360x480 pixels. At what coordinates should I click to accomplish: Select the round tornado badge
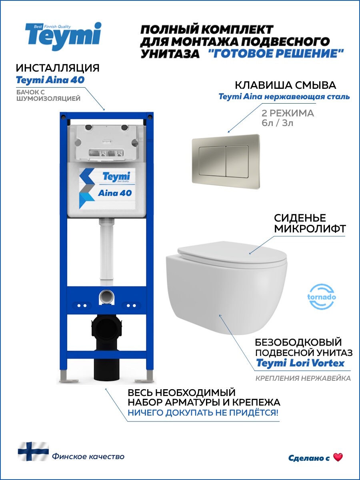(322, 297)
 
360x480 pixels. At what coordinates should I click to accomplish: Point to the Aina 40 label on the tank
(114, 193)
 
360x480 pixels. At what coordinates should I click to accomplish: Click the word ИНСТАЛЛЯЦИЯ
(58, 68)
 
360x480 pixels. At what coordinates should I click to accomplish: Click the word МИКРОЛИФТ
(310, 229)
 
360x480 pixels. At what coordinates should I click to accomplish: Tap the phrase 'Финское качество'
(88, 456)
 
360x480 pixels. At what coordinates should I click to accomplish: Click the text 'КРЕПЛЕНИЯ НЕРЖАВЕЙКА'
(303, 378)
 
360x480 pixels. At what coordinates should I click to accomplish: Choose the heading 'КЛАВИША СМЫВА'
(285, 85)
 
